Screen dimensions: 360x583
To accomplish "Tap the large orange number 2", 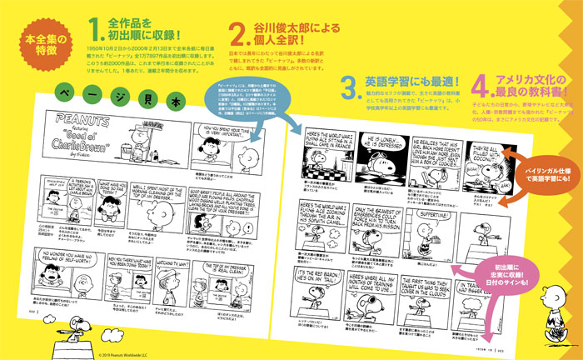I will [240, 34].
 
